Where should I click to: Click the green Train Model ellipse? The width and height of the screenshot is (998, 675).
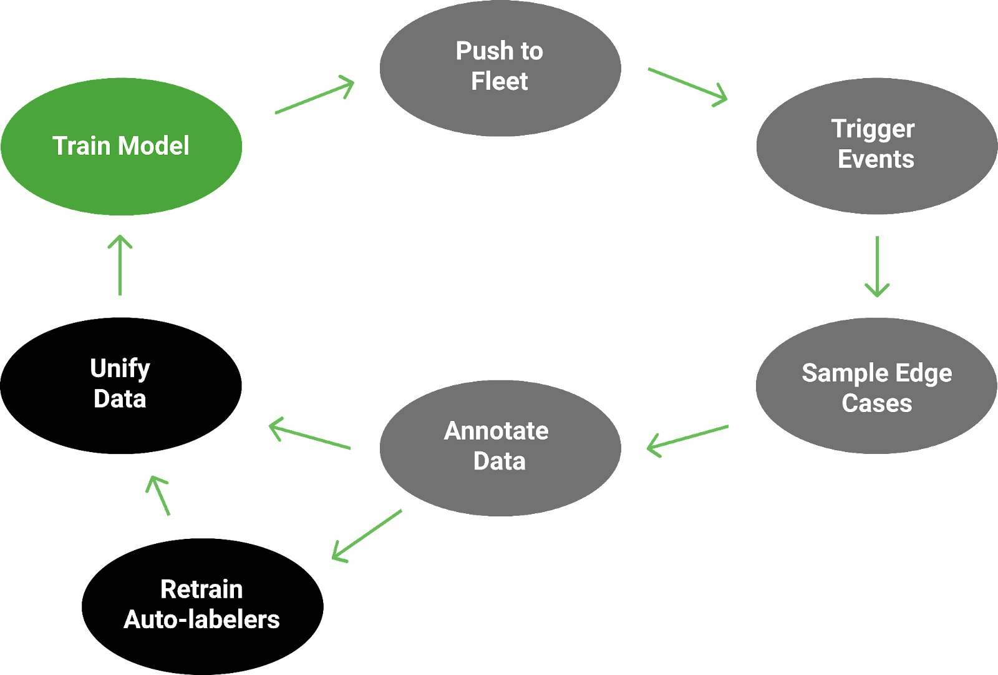(121, 146)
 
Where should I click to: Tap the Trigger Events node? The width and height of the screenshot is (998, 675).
(876, 145)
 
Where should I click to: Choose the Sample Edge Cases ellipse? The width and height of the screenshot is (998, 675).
(876, 387)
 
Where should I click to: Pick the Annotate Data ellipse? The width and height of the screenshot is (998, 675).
(500, 447)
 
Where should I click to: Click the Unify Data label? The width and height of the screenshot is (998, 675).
(120, 383)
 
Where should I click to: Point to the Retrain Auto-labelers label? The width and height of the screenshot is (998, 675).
(201, 604)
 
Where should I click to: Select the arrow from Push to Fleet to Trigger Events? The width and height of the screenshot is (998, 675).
(688, 86)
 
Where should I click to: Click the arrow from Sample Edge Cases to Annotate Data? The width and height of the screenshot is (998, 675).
(687, 438)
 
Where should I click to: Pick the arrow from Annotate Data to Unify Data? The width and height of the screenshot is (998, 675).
(310, 435)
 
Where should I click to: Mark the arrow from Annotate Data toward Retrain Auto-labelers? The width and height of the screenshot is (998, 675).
(367, 535)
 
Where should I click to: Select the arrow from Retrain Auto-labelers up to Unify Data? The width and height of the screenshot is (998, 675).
(158, 496)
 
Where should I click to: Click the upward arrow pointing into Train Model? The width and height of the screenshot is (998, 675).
(120, 265)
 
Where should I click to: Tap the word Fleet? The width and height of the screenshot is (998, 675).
(500, 82)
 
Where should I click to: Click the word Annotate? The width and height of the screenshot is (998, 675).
(497, 431)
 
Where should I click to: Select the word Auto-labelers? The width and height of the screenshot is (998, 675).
(201, 619)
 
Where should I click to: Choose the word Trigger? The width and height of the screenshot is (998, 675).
(873, 129)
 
